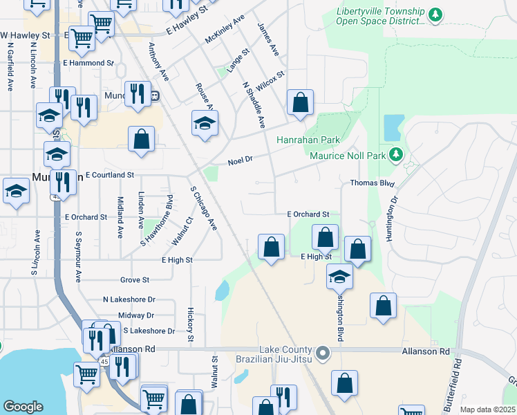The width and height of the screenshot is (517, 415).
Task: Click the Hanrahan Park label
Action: pos(308,140)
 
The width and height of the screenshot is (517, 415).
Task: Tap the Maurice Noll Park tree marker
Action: pos(395,154)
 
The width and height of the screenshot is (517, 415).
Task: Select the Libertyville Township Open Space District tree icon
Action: pos(435,15)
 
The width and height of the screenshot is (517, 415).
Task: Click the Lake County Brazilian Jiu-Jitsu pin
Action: pos(322,355)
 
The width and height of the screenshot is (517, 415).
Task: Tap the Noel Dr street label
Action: pos(241,162)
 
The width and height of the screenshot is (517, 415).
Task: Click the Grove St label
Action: pos(135,280)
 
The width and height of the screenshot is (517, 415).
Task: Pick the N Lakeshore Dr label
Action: pos(129,299)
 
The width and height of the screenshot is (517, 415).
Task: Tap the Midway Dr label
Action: pos(131,315)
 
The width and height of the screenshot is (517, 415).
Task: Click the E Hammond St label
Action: pos(88,63)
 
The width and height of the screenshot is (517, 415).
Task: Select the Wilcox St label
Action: pos(270,84)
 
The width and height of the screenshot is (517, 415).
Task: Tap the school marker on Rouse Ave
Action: pos(205,124)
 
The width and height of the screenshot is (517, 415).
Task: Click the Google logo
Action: pos(23,407)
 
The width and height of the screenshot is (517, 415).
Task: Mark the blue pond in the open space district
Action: pos(393,127)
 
